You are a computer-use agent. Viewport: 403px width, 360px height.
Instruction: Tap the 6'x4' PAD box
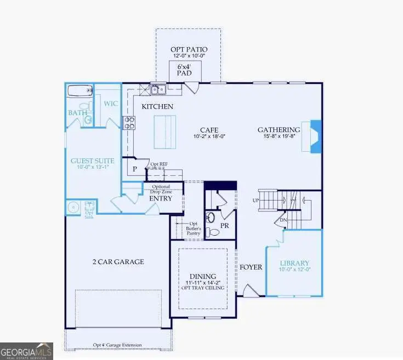184,71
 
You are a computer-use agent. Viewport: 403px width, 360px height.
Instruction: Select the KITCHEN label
158,106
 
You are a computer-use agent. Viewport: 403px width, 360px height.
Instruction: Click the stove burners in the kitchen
129,123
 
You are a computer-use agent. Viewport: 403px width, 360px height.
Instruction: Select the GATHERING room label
279,129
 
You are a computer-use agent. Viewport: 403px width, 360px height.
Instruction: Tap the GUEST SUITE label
93,161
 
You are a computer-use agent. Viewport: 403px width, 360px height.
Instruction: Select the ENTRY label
160,198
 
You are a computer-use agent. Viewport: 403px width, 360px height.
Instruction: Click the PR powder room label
224,225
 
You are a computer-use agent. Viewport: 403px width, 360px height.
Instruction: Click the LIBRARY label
295,263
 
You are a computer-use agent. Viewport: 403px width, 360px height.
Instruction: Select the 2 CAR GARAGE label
118,261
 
